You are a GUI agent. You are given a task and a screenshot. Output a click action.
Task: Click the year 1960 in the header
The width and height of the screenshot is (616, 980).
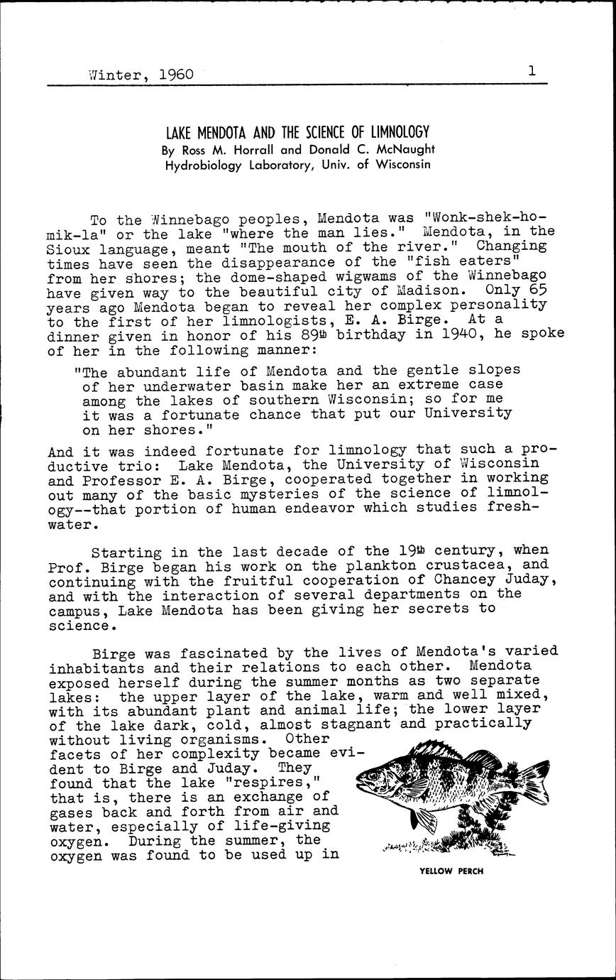176,74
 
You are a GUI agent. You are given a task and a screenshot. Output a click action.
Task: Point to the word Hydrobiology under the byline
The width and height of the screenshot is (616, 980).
202,165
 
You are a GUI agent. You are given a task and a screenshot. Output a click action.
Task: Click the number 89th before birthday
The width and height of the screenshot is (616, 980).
285,335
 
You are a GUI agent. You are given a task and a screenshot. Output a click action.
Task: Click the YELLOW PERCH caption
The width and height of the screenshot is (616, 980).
451,871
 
